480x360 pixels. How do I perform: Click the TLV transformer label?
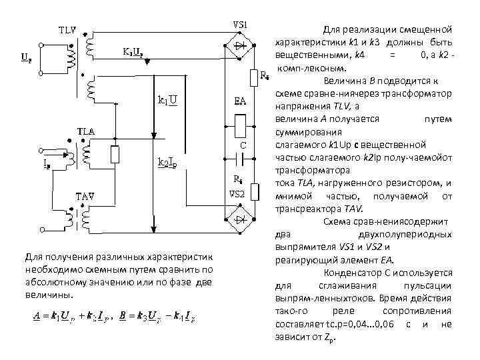click(67, 31)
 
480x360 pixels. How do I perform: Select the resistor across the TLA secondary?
click(116, 155)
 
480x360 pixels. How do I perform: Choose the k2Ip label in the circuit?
click(167, 161)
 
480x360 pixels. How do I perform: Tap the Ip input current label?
click(28, 163)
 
